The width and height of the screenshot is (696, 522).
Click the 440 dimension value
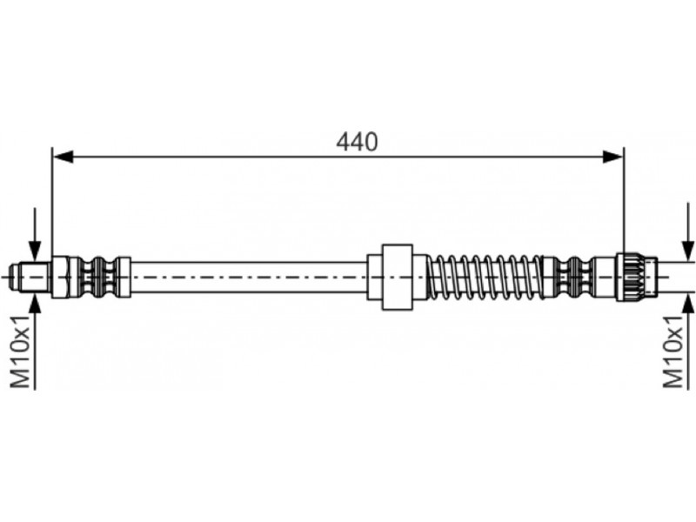click(x=357, y=142)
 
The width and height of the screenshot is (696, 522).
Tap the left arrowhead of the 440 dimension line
click(x=63, y=157)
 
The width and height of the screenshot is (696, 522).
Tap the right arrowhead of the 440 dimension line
click(x=613, y=157)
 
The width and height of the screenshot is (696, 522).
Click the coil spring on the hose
click(x=485, y=277)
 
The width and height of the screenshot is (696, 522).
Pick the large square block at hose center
click(x=398, y=277)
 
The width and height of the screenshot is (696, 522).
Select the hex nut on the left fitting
click(x=61, y=277)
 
